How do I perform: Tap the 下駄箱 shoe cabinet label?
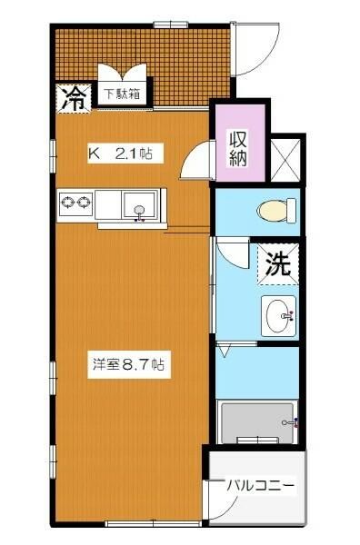[120, 93]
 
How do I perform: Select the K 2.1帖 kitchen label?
[125, 154]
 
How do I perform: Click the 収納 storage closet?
[239, 147]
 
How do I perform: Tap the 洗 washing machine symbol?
[278, 264]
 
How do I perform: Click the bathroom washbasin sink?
[278, 316]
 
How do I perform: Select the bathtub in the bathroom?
[258, 421]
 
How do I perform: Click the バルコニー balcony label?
[260, 487]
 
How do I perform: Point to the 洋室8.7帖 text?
[127, 364]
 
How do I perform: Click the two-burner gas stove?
[75, 203]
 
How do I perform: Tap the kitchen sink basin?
[139, 206]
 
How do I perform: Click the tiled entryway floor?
[136, 50]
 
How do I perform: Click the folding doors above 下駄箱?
[121, 73]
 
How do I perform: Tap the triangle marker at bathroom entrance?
[225, 349]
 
